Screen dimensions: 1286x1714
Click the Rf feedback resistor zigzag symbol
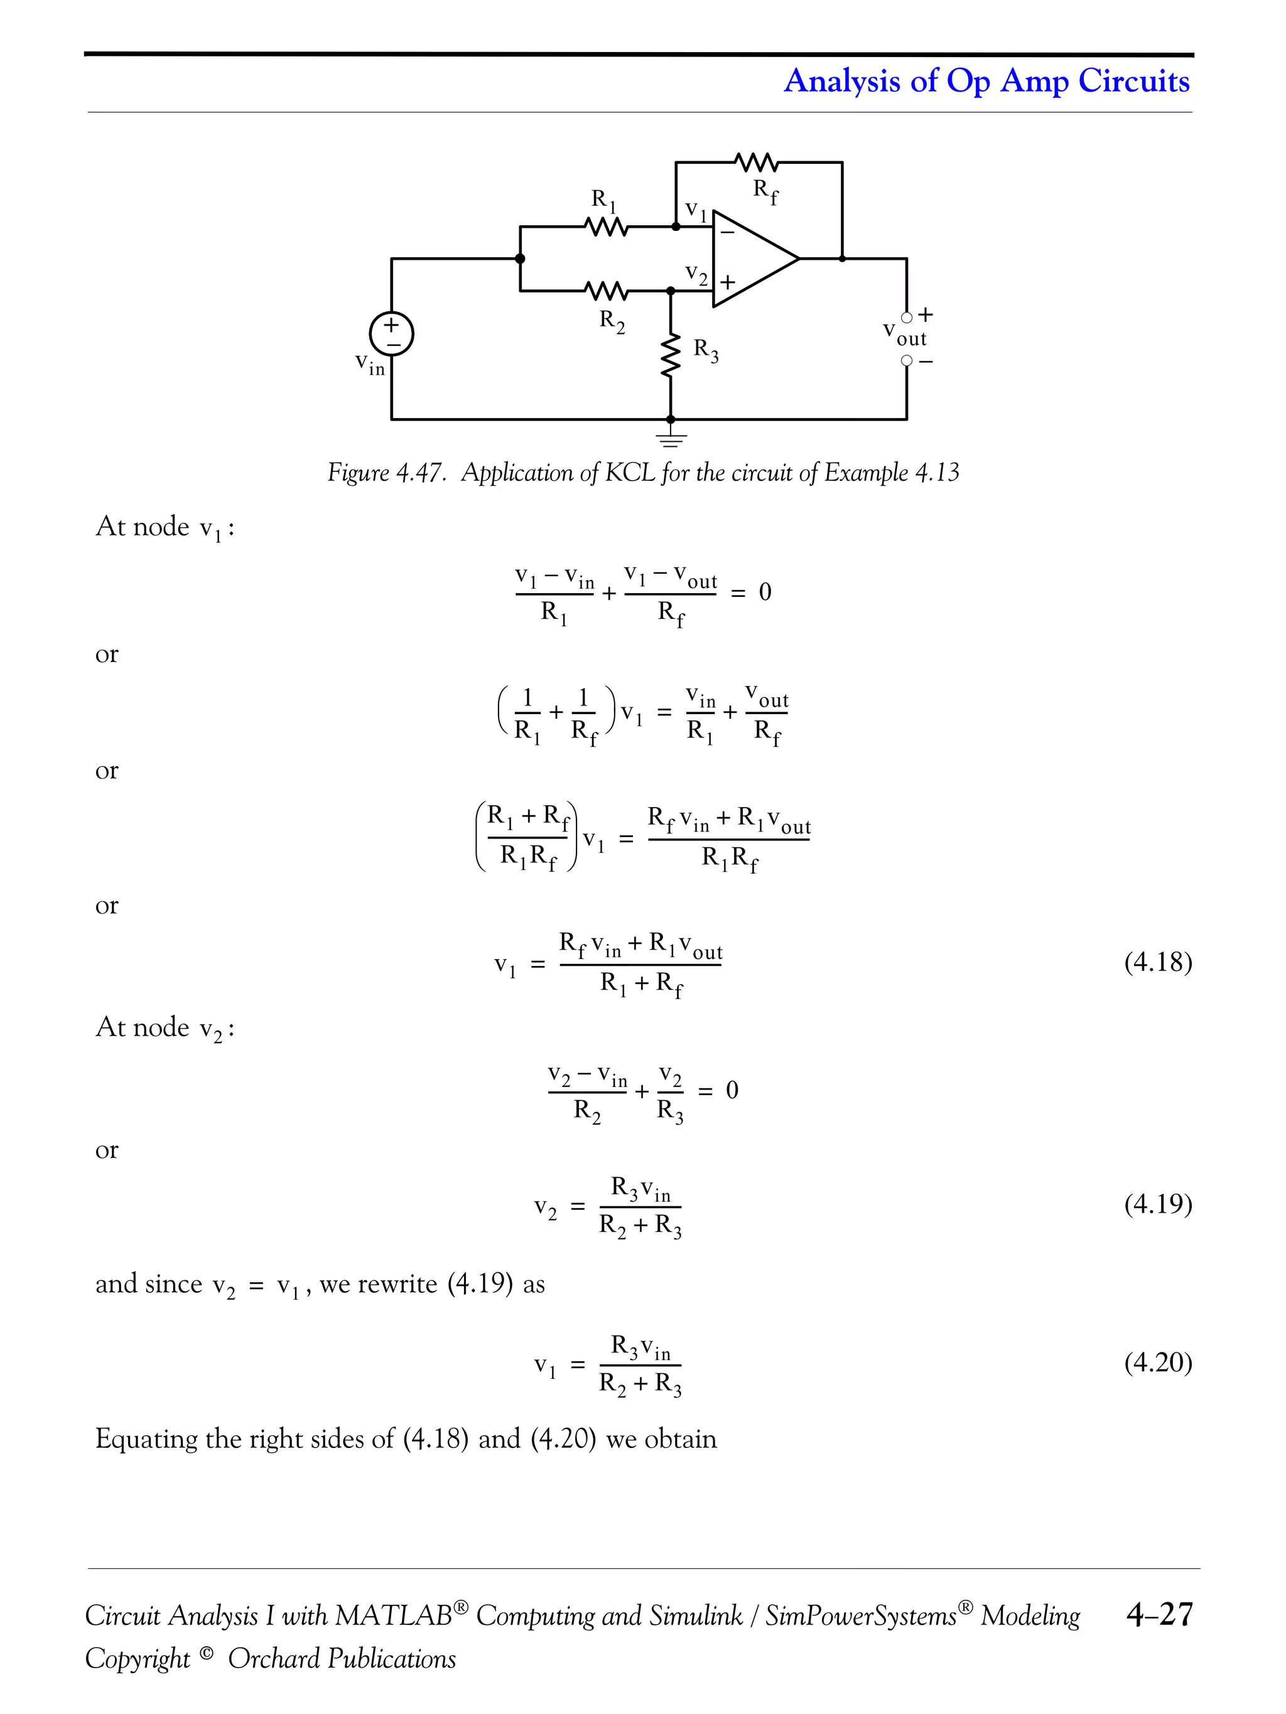(756, 163)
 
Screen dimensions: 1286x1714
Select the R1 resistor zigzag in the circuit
(606, 227)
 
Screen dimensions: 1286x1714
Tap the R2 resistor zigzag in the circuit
(606, 291)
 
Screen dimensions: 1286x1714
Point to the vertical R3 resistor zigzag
(671, 357)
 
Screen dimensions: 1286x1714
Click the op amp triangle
(750, 258)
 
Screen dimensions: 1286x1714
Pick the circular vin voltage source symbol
(391, 334)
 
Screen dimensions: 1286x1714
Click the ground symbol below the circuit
(671, 440)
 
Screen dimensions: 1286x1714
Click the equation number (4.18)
(1158, 962)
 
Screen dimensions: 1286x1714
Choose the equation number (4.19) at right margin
(1158, 1203)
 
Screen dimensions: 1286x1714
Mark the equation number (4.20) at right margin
(1158, 1361)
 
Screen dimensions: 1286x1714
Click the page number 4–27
(1159, 1614)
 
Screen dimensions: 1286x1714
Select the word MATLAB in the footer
(394, 1615)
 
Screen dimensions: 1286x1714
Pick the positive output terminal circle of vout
(907, 317)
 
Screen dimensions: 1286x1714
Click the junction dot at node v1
(676, 227)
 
